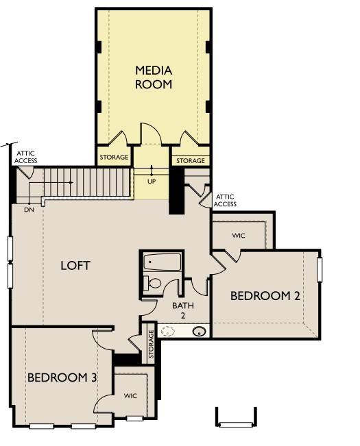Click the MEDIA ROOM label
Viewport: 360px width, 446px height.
click(153, 77)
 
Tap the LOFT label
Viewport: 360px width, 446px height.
click(75, 265)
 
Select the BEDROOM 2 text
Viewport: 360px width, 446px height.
click(265, 296)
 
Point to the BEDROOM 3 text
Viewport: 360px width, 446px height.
click(62, 377)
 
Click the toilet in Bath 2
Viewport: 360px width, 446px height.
click(154, 283)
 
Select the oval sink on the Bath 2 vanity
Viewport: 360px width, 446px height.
click(200, 332)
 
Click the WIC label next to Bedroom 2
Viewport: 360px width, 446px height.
click(238, 236)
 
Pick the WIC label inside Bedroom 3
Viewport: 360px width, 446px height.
click(130, 396)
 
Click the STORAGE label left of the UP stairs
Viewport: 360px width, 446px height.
click(114, 158)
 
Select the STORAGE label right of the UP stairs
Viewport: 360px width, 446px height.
click(190, 161)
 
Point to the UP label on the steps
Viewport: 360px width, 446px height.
click(152, 182)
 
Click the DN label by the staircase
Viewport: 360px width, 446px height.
click(29, 209)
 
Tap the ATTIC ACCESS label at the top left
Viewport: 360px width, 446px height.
click(26, 157)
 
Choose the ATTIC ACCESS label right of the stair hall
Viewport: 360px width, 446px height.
click(226, 200)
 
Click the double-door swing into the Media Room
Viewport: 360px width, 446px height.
click(150, 134)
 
